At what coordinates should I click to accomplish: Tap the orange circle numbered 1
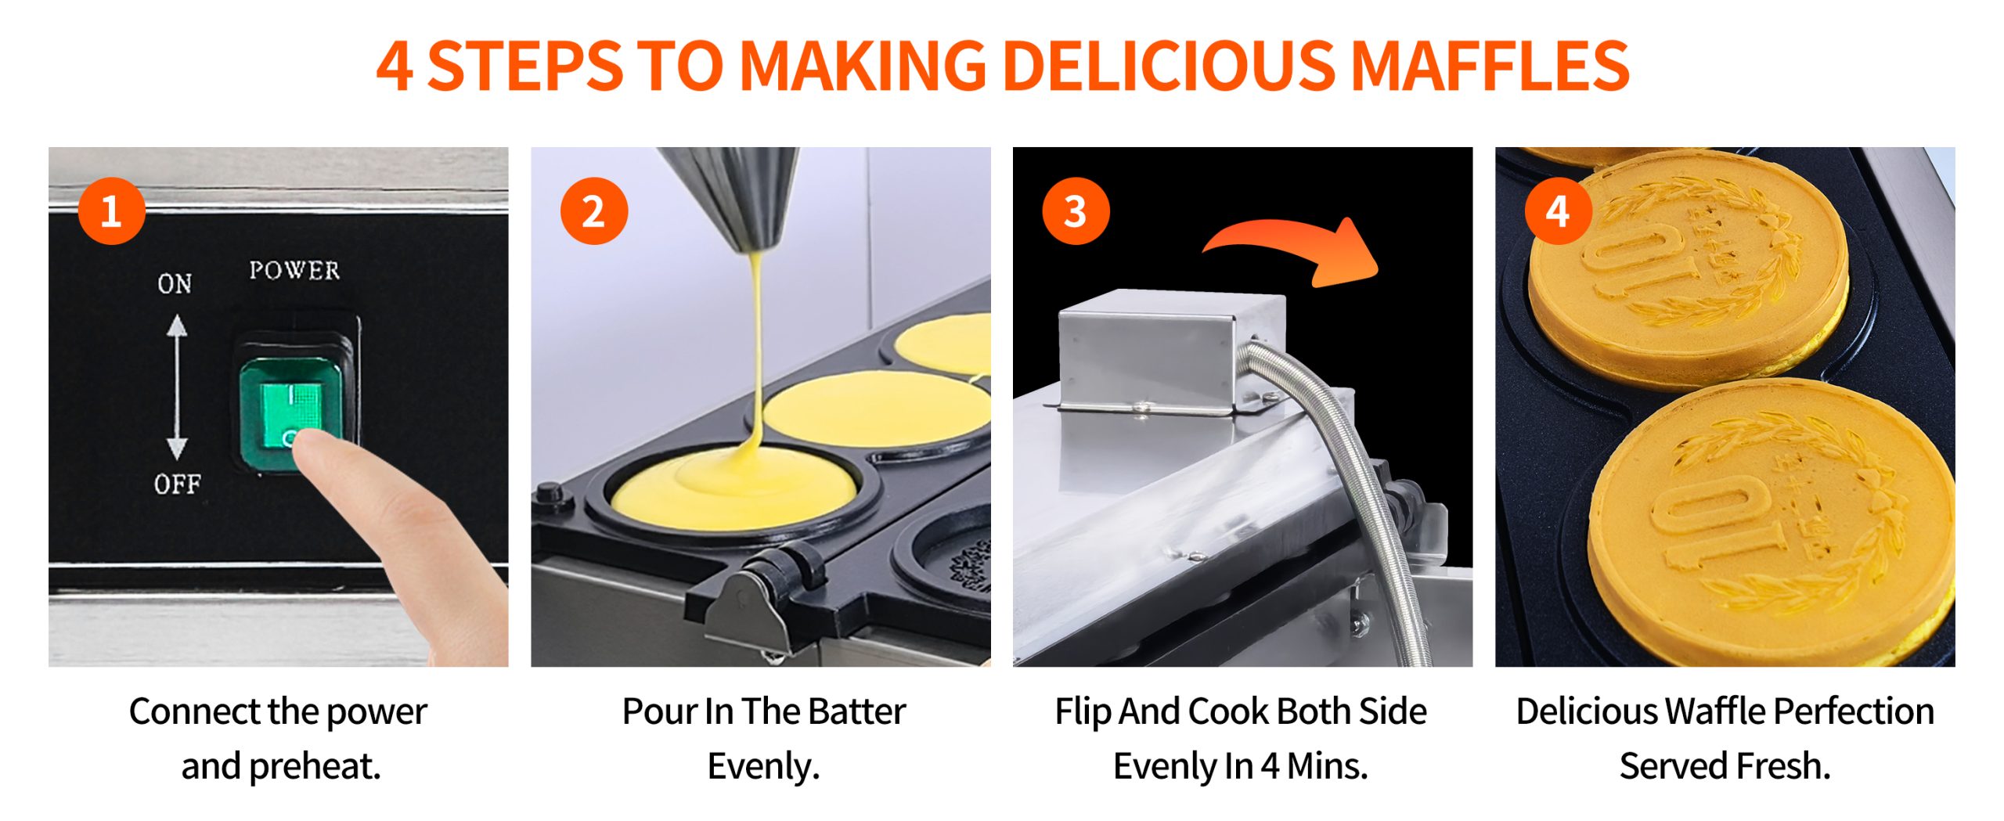111,211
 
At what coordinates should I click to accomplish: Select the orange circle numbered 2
594,211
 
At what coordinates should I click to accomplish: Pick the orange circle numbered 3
1076,211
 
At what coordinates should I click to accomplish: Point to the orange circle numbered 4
1558,211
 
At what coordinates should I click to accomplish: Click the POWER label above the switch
294,270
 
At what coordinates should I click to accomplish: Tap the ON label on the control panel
175,283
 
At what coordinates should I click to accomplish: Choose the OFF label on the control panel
177,484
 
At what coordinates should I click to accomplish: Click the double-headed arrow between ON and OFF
177,387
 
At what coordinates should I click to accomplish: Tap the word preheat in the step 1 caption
315,767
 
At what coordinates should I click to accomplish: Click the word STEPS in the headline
525,66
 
